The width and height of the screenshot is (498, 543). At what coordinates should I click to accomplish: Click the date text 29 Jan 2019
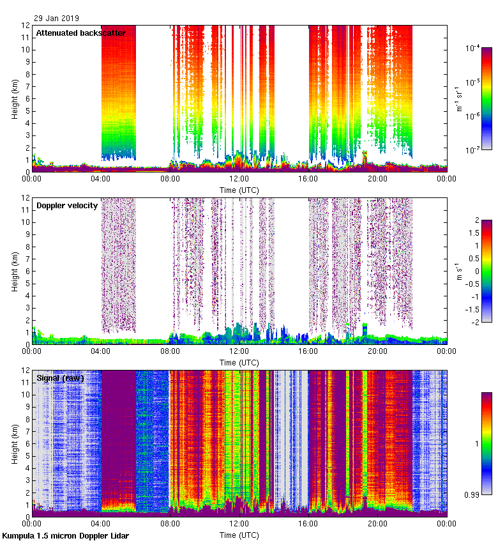click(56, 19)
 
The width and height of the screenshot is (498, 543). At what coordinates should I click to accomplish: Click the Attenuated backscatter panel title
click(80, 33)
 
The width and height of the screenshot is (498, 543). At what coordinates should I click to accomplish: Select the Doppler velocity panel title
click(67, 205)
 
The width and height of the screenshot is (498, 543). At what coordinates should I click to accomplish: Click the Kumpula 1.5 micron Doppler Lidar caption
click(66, 535)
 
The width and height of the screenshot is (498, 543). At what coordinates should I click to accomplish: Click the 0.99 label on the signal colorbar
click(473, 494)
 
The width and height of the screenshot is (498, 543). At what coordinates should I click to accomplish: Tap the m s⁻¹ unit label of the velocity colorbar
click(458, 271)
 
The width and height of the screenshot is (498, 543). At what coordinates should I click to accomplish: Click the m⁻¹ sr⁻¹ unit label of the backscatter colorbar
click(458, 99)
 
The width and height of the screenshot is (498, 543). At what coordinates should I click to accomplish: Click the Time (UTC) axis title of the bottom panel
click(239, 535)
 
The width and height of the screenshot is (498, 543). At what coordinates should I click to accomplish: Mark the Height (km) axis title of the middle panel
click(15, 271)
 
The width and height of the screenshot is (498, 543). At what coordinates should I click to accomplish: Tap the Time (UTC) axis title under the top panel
click(239, 190)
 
